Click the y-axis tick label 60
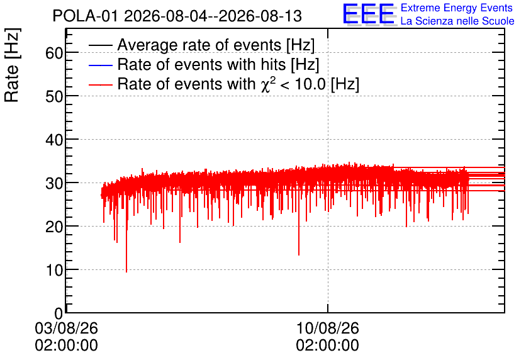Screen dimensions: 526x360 pos(54,53)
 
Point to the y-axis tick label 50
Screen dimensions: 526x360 pos(54,97)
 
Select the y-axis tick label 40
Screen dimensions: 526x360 pos(54,140)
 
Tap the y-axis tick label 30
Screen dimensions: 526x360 pos(54,184)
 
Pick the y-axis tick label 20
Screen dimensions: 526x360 pos(54,227)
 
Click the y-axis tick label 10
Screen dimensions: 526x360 pos(54,270)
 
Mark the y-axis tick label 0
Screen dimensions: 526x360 pos(59,313)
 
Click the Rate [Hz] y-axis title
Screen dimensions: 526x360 pos(12,65)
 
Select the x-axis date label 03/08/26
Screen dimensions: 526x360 pos(67,328)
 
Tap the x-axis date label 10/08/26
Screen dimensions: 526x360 pos(327,328)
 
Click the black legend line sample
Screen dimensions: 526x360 pos(100,45)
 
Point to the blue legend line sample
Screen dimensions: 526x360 pos(100,65)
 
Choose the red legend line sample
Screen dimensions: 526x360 pos(100,84)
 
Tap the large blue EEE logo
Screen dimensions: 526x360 pos(369,14)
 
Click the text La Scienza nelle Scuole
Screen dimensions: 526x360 pos(457,21)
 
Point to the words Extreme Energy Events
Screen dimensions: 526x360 pos(457,8)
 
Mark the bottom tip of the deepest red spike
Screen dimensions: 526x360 pos(126,272)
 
